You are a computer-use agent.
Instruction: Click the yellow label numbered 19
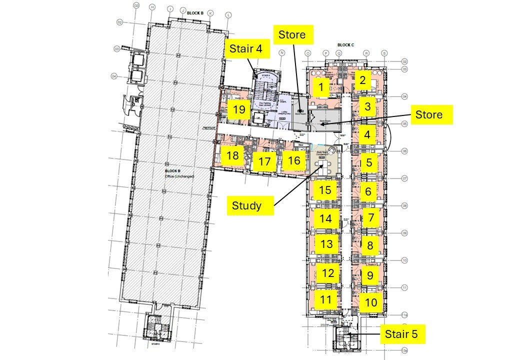(x=239, y=109)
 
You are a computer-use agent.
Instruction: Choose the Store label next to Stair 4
(x=295, y=35)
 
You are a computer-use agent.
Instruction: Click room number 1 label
(x=323, y=88)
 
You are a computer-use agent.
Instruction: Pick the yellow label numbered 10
(x=370, y=302)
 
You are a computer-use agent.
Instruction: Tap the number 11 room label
(x=326, y=300)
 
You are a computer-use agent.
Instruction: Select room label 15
(x=325, y=190)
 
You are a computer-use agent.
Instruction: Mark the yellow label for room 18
(x=232, y=155)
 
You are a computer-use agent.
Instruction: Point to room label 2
(x=363, y=79)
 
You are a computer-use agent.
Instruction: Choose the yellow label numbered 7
(x=370, y=218)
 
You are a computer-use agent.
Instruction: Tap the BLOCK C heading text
(x=345, y=45)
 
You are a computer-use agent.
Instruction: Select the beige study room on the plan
(x=325, y=161)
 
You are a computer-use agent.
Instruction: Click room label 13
(x=326, y=244)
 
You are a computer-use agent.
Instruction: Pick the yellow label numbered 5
(x=369, y=162)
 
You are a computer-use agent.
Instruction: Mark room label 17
(x=264, y=162)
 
